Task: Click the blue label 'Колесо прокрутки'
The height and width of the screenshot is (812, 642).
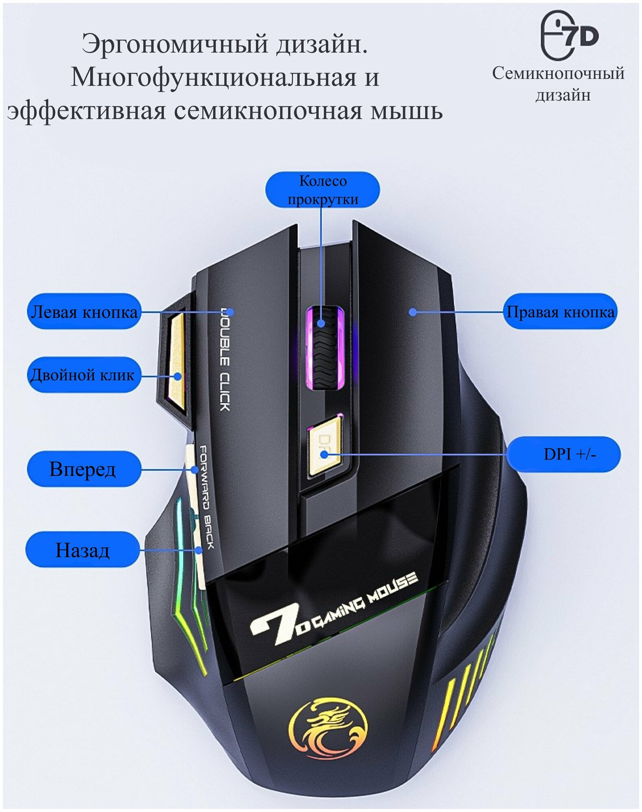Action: coord(322,190)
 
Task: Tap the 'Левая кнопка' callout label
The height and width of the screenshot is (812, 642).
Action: coord(84,311)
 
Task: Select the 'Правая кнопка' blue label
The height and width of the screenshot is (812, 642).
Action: coord(560,311)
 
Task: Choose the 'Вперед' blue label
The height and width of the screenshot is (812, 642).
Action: coord(83,469)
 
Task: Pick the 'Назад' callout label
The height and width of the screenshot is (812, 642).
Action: coord(82,550)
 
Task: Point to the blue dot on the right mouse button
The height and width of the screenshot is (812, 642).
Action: coord(413,312)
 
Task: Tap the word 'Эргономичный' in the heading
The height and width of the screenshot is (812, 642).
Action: coord(175,43)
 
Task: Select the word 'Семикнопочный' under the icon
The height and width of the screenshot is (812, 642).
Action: coord(558,73)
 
